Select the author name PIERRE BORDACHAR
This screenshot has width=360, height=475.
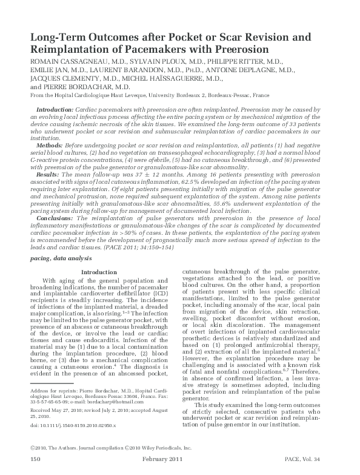(74, 86)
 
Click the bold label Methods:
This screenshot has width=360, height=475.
(50, 147)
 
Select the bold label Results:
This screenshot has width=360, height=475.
(48, 173)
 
